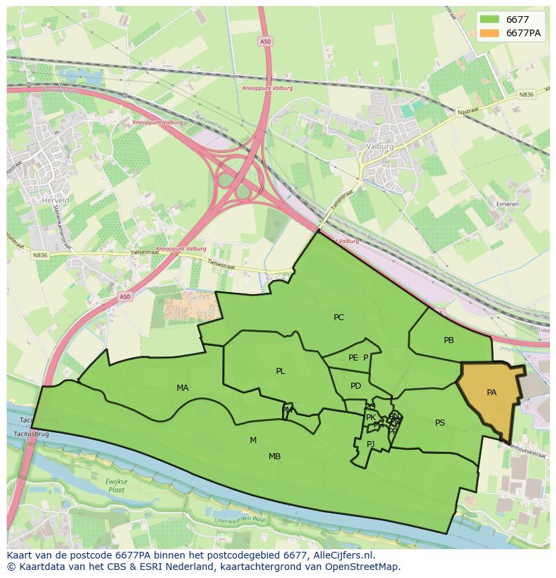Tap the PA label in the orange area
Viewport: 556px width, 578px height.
tap(492, 393)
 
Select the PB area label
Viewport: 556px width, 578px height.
tap(449, 340)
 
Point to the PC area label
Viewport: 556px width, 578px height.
tap(338, 318)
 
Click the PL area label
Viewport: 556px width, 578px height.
tap(280, 371)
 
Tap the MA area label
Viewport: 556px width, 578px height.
tap(183, 388)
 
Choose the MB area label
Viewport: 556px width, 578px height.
tap(275, 456)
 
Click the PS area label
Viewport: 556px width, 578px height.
tap(440, 423)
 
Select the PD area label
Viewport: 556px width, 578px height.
tap(356, 386)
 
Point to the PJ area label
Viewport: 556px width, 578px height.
tap(370, 444)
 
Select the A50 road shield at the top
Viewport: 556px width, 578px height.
tap(265, 42)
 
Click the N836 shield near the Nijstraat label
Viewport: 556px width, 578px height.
tap(526, 95)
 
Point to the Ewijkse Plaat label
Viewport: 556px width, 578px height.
tap(116, 485)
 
